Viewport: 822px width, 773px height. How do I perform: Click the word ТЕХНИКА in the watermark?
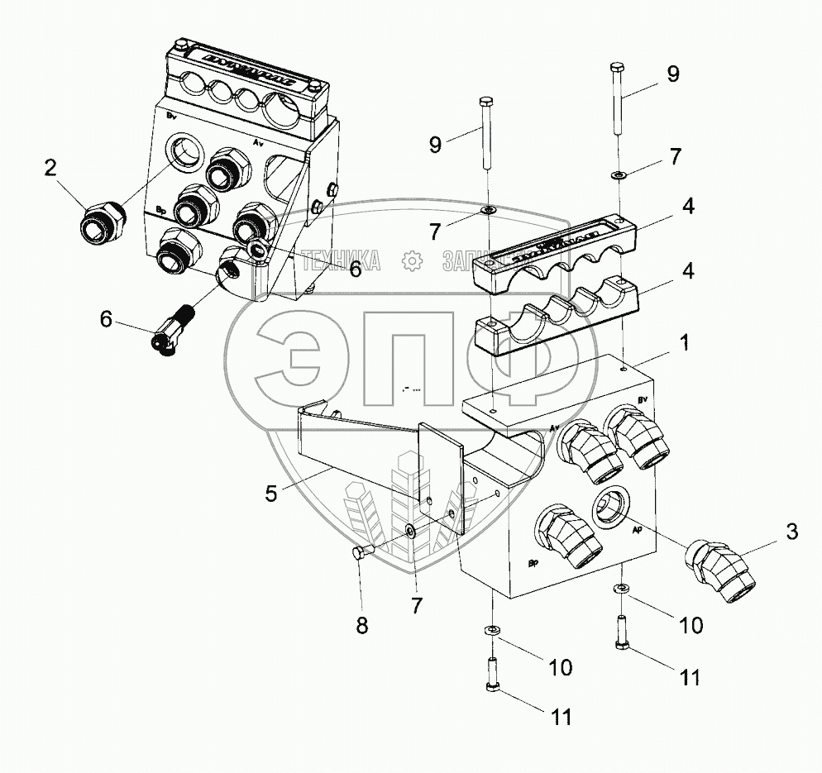pyautogui.click(x=341, y=262)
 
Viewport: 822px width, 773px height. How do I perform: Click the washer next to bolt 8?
pyautogui.click(x=411, y=531)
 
